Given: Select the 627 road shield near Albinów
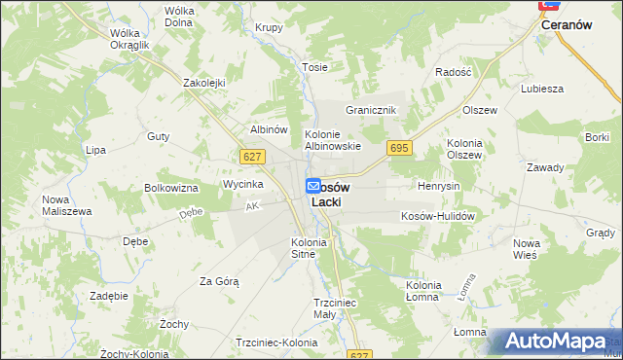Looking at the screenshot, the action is (x=250, y=156).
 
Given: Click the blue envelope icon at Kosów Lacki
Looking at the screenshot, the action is (x=313, y=185).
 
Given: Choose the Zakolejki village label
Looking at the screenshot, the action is (x=204, y=83).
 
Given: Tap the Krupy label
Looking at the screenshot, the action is (x=269, y=27).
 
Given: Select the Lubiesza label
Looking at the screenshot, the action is (x=542, y=89).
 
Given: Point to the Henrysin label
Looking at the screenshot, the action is (x=438, y=186).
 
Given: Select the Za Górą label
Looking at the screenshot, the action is (x=219, y=281).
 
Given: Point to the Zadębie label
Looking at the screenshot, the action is (x=108, y=295).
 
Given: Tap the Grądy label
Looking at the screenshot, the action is (x=601, y=233).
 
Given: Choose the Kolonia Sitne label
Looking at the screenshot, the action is (x=310, y=247).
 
